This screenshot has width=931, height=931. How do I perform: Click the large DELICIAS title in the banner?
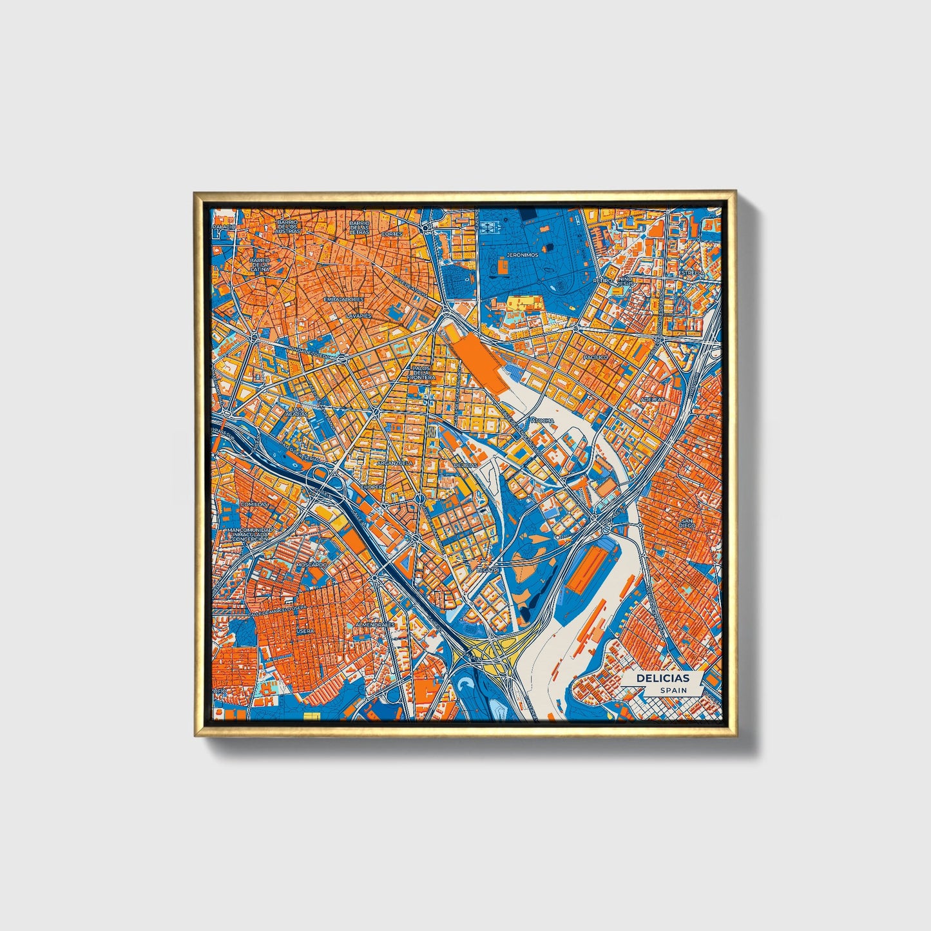tap(662, 678)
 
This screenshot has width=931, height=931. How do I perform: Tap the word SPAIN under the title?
tap(673, 690)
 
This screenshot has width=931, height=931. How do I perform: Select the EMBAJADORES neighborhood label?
tap(343, 300)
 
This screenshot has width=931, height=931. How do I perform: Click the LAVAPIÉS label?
tap(359, 316)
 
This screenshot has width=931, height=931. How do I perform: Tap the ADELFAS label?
tap(652, 399)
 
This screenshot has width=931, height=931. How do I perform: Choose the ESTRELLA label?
tap(691, 273)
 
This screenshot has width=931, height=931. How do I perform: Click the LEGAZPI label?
tap(487, 570)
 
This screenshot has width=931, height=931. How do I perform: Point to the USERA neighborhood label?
tap(305, 631)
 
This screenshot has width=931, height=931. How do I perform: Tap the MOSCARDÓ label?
tap(311, 564)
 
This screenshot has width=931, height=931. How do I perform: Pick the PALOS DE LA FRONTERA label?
tap(422, 373)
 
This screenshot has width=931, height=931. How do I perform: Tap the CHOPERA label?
tap(374, 487)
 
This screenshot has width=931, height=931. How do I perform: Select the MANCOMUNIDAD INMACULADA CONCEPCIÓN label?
tap(251, 534)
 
